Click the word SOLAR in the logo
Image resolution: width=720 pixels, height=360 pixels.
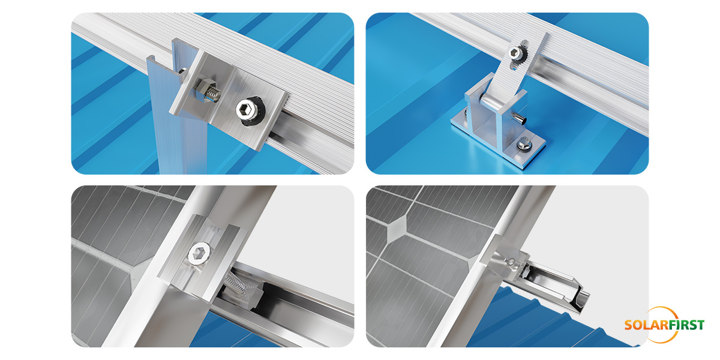(645, 325)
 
